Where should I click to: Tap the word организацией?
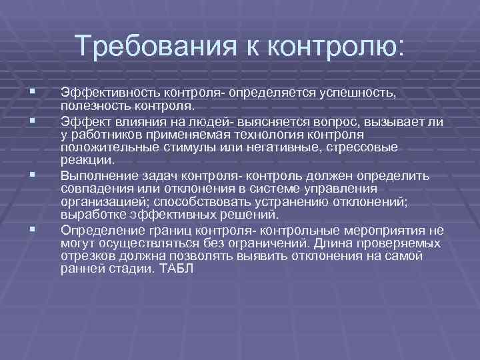click(99, 202)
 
